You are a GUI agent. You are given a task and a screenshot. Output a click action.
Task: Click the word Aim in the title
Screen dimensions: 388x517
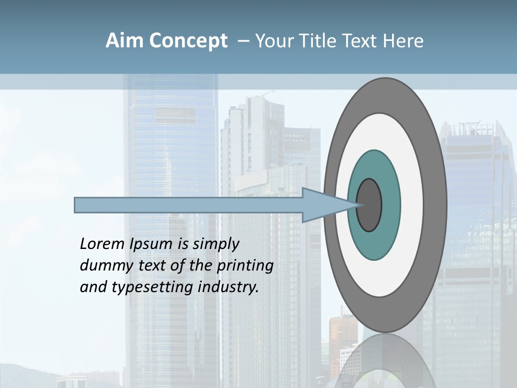click(x=125, y=41)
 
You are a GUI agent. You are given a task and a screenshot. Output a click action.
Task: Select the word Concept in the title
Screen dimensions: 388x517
click(x=188, y=41)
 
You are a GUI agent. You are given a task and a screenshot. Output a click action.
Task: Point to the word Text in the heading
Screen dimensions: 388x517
click(x=359, y=41)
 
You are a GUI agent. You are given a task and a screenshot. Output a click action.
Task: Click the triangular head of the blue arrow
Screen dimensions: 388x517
click(x=323, y=205)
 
